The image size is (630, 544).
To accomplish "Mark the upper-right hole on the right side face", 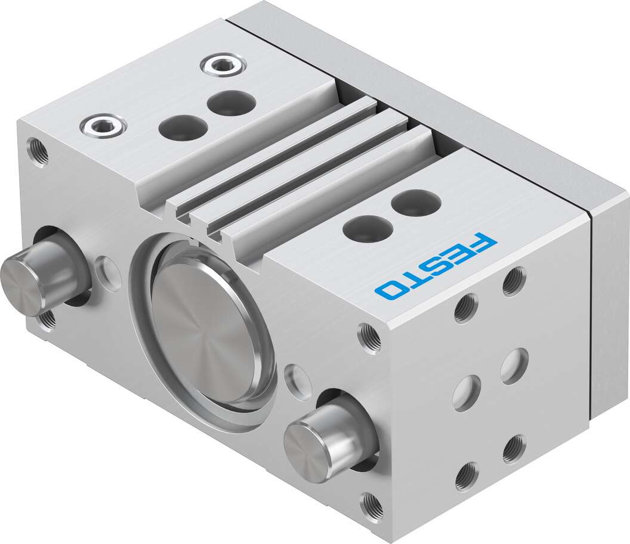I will coord(514,281).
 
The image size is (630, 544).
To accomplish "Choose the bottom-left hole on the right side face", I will coord(467,476).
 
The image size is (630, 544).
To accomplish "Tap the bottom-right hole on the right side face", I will coord(514,449).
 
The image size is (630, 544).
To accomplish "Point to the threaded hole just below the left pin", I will coord(47,319).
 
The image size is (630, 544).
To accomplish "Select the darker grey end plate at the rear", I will coord(609,310).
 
